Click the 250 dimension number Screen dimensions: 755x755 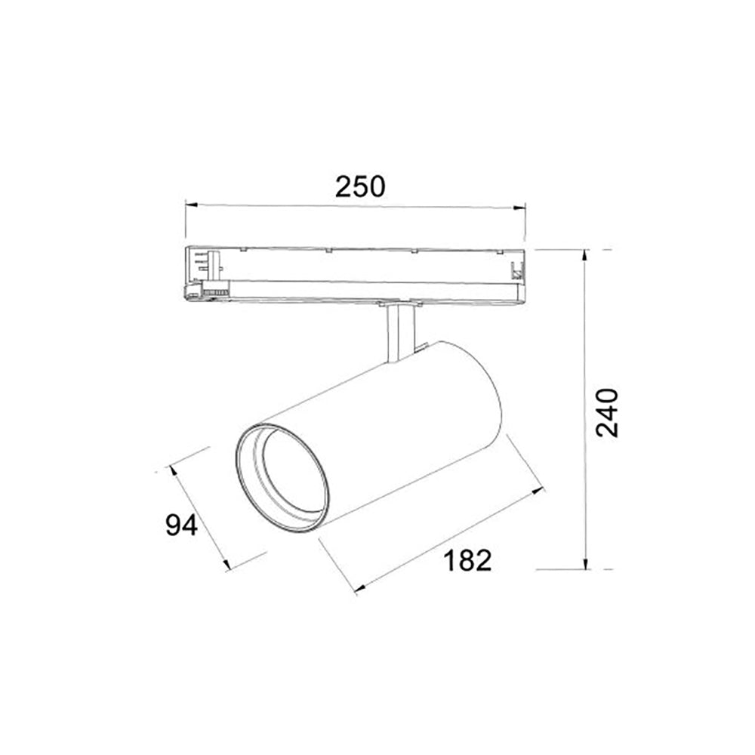tap(360, 186)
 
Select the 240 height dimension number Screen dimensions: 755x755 tap(607, 412)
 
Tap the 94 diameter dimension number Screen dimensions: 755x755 tap(181, 525)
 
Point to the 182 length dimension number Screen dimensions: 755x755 tap(467, 560)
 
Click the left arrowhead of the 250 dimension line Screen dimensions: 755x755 tap(192, 205)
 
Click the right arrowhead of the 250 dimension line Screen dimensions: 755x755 tap(519, 208)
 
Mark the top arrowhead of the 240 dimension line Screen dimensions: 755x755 tap(586, 256)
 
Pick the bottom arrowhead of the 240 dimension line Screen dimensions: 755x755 tap(586, 563)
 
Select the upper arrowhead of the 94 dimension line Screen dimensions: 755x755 tap(173, 472)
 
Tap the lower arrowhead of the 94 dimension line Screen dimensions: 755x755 tap(226, 564)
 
